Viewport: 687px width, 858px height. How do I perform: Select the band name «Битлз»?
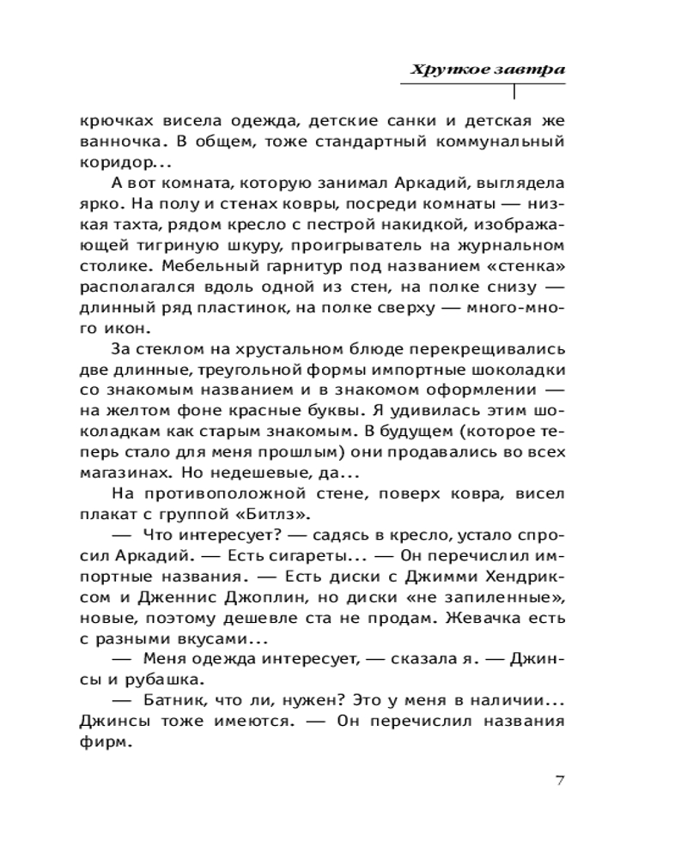pos(279,513)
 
